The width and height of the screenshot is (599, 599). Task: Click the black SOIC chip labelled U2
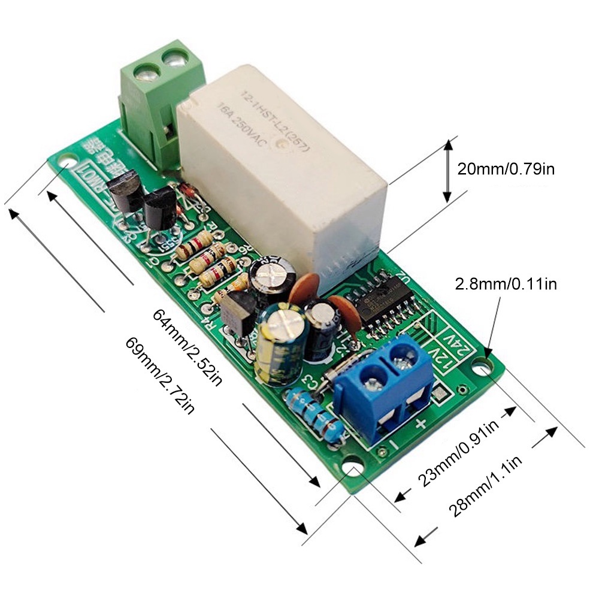tap(383, 302)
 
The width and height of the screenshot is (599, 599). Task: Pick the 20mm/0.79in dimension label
tap(506, 169)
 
